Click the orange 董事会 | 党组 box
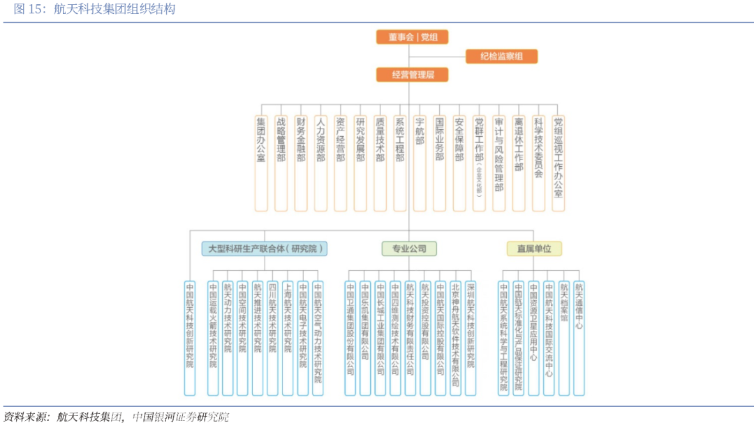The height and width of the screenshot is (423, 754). [412, 37]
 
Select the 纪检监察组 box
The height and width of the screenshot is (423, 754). [501, 57]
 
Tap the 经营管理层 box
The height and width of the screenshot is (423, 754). [412, 75]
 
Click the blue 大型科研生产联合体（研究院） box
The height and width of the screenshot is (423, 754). [266, 248]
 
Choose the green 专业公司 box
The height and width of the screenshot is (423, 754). [409, 248]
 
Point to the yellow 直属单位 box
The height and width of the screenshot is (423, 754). [534, 248]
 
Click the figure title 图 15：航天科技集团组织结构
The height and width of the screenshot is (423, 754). [95, 9]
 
